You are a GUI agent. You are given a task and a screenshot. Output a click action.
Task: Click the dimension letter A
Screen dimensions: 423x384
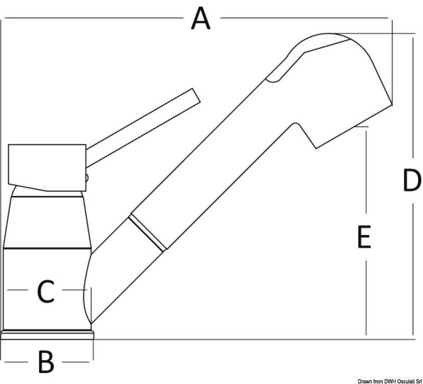pyautogui.click(x=200, y=19)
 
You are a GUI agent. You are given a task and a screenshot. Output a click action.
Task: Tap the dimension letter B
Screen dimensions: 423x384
pyautogui.click(x=46, y=362)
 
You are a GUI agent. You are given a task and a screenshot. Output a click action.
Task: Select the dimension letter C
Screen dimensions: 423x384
pyautogui.click(x=46, y=291)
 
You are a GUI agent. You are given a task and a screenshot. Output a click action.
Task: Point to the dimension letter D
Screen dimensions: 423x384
pyautogui.click(x=412, y=180)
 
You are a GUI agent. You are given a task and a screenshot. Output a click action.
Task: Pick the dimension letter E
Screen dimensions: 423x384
pyautogui.click(x=364, y=237)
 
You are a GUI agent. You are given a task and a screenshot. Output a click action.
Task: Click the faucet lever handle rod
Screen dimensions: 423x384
pyautogui.click(x=143, y=127)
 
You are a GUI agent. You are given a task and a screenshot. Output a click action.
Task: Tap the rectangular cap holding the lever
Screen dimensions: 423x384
pyautogui.click(x=47, y=168)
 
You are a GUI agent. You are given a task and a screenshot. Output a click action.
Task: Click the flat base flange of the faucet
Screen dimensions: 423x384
pyautogui.click(x=47, y=335)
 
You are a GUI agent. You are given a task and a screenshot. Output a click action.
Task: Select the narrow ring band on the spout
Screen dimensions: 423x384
pyautogui.click(x=148, y=233)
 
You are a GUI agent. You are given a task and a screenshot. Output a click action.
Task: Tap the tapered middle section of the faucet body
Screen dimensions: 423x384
pyautogui.click(x=47, y=222)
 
